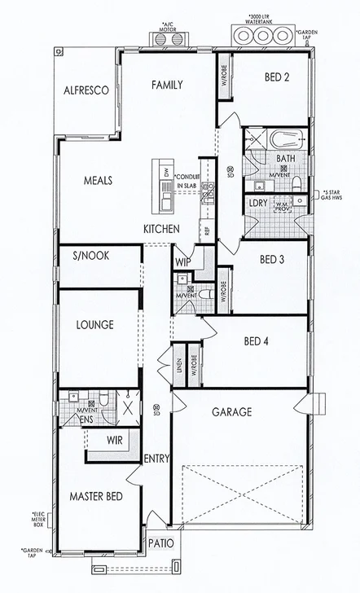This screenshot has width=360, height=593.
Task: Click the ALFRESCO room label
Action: coord(86,91)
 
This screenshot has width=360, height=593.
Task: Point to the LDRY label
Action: coord(258,203)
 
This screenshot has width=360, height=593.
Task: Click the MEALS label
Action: coord(98,181)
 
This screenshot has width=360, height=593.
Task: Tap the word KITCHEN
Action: coord(161,230)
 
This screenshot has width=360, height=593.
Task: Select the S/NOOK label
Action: coord(90,256)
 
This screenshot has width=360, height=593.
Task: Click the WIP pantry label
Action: coord(183,262)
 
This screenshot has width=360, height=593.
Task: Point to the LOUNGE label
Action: coord(94,325)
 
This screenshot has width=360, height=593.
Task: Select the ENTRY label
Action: coord(156,459)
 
